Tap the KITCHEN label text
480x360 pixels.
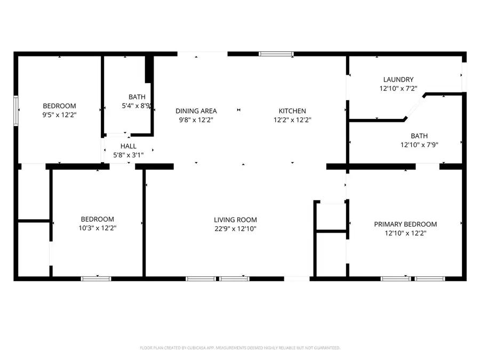(292, 111)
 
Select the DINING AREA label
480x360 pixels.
(196, 111)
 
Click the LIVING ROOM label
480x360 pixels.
(235, 219)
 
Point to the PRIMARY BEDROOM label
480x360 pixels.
(405, 224)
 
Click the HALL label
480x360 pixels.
(128, 146)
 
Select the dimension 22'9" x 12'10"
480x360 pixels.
(235, 228)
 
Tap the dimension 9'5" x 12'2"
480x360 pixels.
(59, 115)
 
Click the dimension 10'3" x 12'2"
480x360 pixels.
(97, 228)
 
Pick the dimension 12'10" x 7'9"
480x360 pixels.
(419, 145)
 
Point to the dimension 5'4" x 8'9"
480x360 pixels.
(137, 106)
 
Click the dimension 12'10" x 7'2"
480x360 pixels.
(398, 89)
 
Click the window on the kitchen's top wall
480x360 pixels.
(276, 54)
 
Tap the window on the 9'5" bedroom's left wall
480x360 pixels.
(16, 109)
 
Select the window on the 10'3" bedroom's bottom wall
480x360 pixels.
(96, 278)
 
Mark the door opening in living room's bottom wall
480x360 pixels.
(297, 278)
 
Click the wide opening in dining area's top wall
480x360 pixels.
(202, 54)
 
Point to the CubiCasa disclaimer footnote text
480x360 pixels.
(239, 348)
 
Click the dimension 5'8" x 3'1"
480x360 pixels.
(128, 155)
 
